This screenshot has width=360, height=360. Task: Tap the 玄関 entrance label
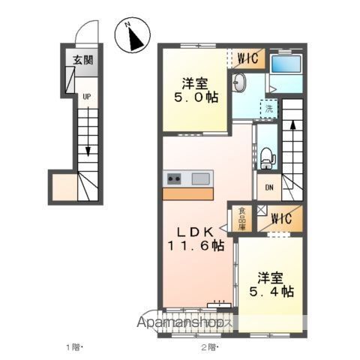82,61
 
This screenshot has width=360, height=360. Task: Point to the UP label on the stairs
87,97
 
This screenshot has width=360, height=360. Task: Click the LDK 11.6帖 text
195,236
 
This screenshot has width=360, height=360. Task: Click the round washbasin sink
238,83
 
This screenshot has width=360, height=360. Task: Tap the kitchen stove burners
173,178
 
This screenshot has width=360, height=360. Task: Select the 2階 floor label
209,346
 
